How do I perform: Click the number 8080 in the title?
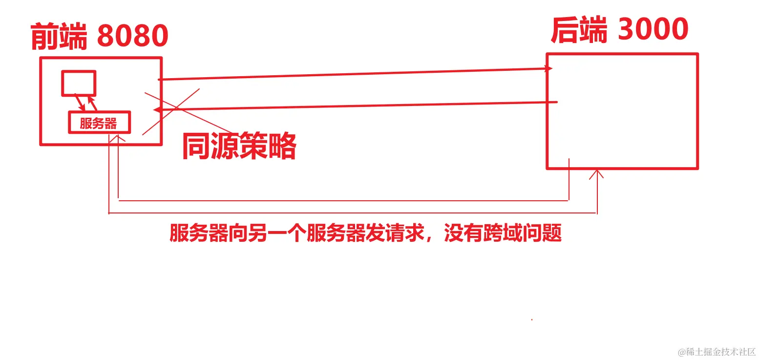[132, 35]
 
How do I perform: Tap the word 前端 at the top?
[59, 36]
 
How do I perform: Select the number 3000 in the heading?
[653, 29]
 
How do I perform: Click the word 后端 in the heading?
[579, 30]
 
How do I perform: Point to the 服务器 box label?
[99, 123]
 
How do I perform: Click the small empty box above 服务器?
[78, 83]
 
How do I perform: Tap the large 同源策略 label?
[239, 146]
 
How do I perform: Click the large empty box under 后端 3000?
[622, 111]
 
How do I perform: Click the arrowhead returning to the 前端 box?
[157, 110]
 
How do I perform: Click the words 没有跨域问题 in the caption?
[503, 233]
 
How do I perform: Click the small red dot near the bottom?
[531, 320]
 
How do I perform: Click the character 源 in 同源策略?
[225, 146]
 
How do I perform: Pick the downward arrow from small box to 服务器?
[79, 103]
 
